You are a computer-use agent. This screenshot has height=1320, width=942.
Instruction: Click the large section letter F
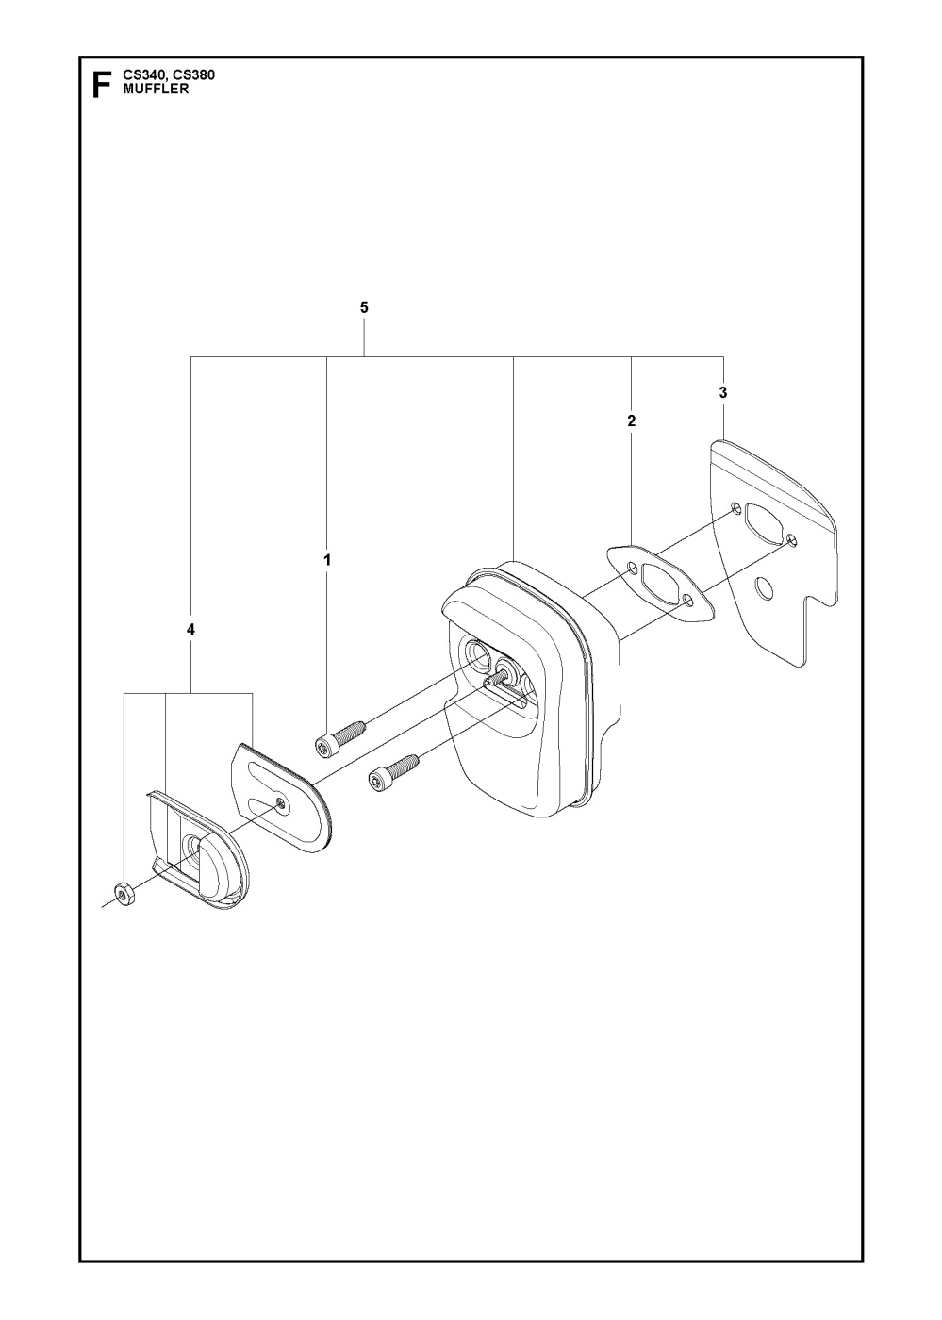coord(102,85)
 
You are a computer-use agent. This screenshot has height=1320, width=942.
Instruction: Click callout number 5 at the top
coord(364,307)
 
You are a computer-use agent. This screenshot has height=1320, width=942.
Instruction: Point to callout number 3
coord(722,393)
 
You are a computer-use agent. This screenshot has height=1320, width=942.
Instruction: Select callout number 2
coord(632,421)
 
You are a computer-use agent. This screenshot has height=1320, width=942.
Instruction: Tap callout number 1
coord(327,559)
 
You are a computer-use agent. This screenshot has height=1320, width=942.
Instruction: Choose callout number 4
coord(190,630)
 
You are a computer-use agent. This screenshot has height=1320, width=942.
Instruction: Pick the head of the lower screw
coord(378,781)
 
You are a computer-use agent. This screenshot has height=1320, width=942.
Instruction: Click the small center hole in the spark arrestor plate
coord(284,802)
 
